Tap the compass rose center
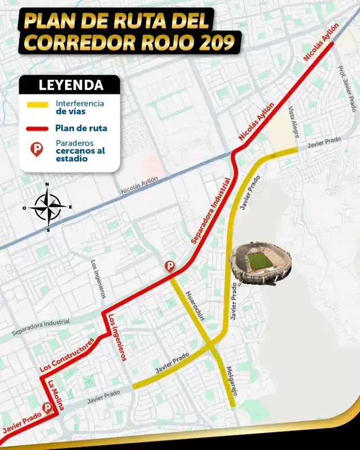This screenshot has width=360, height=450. [47, 207]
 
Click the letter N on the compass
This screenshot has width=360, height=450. [47, 184]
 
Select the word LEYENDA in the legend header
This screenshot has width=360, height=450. [70, 85]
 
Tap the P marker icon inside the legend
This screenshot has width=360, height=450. [38, 150]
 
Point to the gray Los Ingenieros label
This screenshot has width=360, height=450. [98, 280]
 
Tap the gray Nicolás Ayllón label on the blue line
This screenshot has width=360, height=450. [139, 186]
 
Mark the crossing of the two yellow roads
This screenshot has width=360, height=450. [210, 343]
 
